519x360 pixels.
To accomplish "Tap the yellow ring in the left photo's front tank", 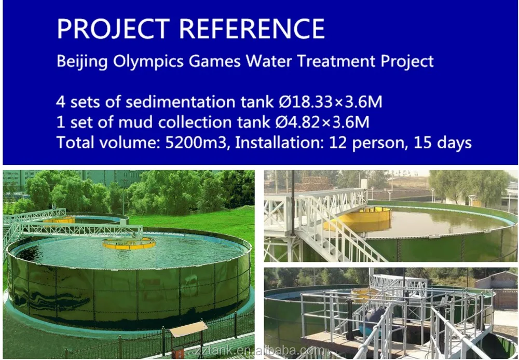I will click(x=129, y=243).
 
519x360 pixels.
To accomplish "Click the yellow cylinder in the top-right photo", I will click(x=363, y=218).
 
